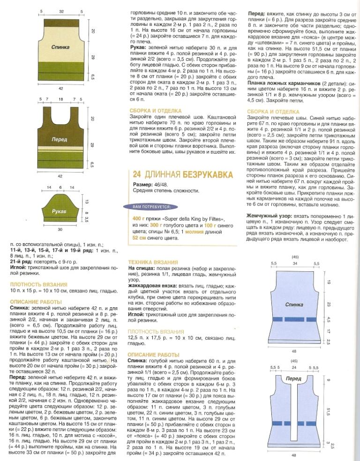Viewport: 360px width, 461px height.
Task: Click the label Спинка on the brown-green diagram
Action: [61, 47]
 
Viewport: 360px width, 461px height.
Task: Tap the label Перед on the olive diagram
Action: [60, 140]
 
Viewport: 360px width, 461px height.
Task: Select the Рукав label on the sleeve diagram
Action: [59, 212]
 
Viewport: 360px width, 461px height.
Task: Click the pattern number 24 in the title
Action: [137, 175]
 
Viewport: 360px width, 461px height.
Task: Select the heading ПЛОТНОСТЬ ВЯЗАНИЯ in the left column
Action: [38, 284]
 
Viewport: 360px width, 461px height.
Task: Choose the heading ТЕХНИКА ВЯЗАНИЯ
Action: [153, 261]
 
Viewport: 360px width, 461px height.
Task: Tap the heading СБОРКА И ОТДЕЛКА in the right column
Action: [272, 112]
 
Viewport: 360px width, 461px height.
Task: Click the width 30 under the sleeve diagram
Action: [60, 230]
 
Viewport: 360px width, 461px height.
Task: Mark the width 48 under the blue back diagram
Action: [294, 350]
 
